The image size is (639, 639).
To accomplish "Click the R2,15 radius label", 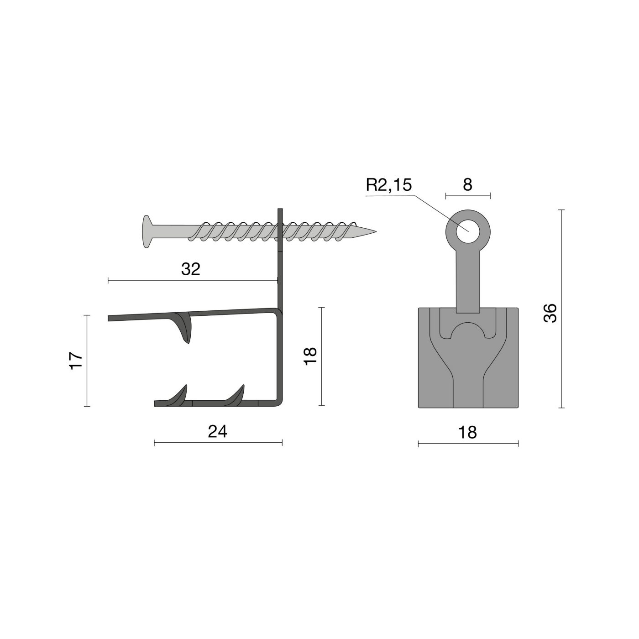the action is click(388, 185).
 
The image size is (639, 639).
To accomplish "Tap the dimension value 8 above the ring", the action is click(467, 184).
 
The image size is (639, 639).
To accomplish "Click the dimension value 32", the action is click(191, 269).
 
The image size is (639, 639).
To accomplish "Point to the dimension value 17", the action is click(76, 361).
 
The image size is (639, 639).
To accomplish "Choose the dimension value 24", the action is click(218, 431).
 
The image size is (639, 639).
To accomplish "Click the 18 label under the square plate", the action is click(467, 432).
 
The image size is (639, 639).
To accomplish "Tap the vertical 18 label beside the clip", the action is click(310, 356).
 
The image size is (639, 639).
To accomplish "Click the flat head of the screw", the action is click(147, 231).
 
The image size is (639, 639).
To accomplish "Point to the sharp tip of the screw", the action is click(376, 231).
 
